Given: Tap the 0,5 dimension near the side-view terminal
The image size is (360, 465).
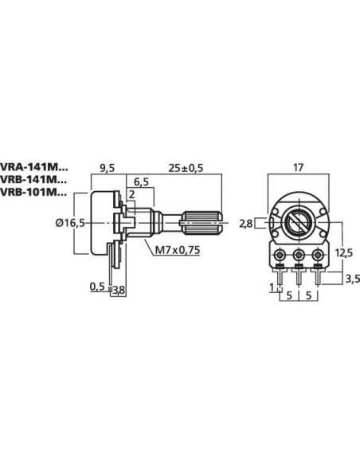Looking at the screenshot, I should (98, 287).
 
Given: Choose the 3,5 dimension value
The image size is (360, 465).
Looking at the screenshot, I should (350, 278).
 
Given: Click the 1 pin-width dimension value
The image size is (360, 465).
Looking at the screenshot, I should (271, 286).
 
